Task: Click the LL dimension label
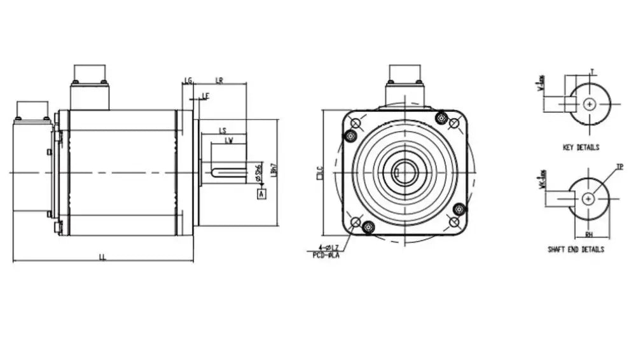(102, 257)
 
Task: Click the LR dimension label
(219, 80)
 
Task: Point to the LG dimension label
(188, 80)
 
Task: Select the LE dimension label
(205, 95)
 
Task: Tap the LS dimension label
(223, 130)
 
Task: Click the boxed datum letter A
(261, 195)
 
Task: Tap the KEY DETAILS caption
(581, 148)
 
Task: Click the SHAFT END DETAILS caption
(576, 250)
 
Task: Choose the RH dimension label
(590, 233)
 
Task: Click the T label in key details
(592, 72)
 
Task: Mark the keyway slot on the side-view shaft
(230, 172)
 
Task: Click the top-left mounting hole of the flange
(356, 123)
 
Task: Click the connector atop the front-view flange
(404, 83)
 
